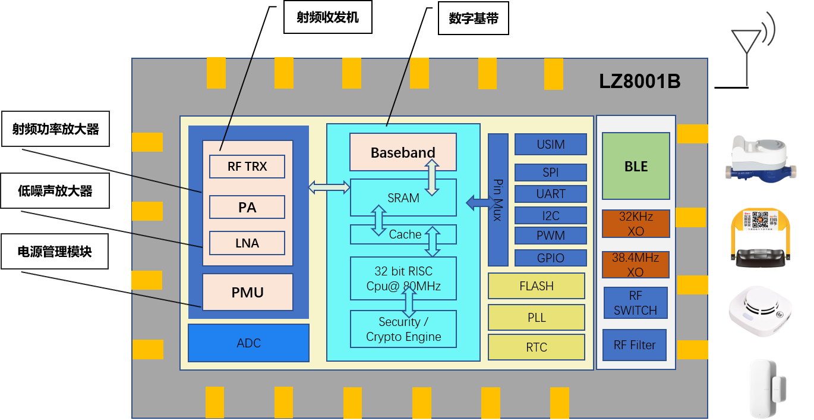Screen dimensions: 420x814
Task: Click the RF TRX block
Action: (247, 167)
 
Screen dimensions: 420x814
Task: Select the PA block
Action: (247, 208)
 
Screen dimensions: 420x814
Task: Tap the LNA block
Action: (247, 243)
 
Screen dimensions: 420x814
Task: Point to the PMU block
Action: (248, 292)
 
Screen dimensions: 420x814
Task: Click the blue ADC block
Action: (248, 343)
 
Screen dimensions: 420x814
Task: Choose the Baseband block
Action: (403, 152)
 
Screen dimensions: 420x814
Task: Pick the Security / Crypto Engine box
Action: (403, 329)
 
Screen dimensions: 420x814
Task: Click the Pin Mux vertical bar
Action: (498, 199)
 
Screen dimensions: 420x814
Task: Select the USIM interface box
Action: (550, 145)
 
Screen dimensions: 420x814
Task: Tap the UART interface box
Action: (550, 194)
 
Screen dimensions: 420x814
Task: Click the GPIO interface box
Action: (550, 258)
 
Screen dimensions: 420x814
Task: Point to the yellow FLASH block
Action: (536, 286)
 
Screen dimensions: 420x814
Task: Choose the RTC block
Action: (536, 347)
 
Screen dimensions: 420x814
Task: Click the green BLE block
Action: (636, 166)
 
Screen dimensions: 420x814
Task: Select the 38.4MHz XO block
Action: (635, 265)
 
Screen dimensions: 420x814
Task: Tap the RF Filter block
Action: (635, 345)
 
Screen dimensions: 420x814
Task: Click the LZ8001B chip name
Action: (639, 82)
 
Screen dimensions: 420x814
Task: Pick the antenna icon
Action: (752, 50)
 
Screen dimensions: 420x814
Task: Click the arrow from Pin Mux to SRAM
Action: (477, 203)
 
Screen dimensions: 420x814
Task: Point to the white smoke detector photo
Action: (760, 311)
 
